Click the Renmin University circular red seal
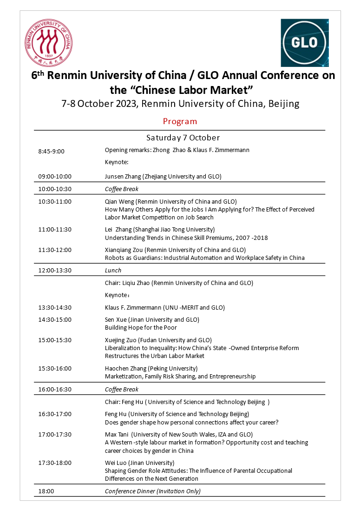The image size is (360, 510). click(x=49, y=43)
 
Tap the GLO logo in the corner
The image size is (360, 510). click(x=304, y=43)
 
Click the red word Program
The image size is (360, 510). click(x=180, y=121)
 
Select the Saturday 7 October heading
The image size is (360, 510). click(x=183, y=138)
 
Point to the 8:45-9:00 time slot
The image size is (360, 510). click(x=51, y=151)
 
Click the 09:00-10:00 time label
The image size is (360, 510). click(x=55, y=177)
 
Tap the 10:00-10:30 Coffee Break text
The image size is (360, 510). click(x=122, y=189)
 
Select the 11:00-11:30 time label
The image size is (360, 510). click(x=55, y=229)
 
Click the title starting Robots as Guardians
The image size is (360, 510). click(x=204, y=258)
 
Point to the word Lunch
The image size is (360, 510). click(x=113, y=270)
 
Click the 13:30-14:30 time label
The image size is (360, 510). click(x=55, y=307)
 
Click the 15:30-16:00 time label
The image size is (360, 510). click(x=55, y=369)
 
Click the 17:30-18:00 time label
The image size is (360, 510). click(x=55, y=463)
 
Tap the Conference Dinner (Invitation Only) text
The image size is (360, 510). click(x=153, y=491)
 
